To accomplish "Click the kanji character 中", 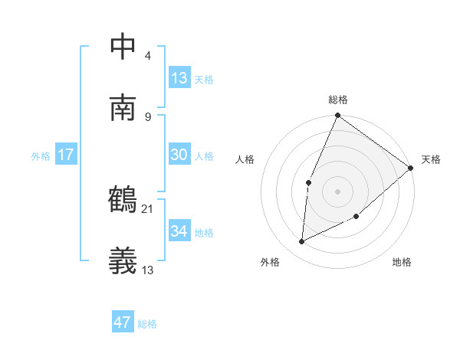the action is (x=123, y=46).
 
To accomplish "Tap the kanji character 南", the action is (x=123, y=107).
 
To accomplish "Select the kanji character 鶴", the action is (x=123, y=200).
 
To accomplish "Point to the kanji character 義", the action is (x=123, y=261).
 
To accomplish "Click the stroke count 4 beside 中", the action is (x=147, y=55).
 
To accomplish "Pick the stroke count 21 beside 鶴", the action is (x=147, y=208).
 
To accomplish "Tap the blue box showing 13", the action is (x=179, y=77).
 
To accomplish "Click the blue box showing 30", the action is (x=179, y=155).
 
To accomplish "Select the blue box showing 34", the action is (x=179, y=231).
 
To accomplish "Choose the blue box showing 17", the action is (x=66, y=155).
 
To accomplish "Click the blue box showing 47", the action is (x=123, y=322).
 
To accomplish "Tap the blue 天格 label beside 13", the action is (x=204, y=80).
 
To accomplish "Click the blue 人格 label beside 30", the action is (x=204, y=156).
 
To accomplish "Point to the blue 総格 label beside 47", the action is (x=147, y=324).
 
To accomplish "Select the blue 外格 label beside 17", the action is (x=41, y=156).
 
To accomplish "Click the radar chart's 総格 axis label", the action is (x=338, y=100).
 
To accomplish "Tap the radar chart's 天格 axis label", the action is (x=431, y=159).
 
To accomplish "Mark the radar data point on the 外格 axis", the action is (x=302, y=242).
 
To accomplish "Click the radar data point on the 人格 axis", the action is (x=308, y=182).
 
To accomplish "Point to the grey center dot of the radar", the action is (x=338, y=191).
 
